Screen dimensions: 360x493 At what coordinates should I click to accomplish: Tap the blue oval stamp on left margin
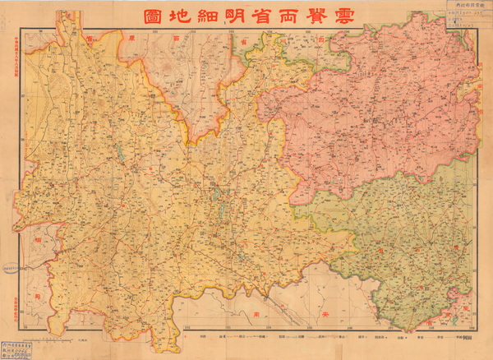(10, 268)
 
